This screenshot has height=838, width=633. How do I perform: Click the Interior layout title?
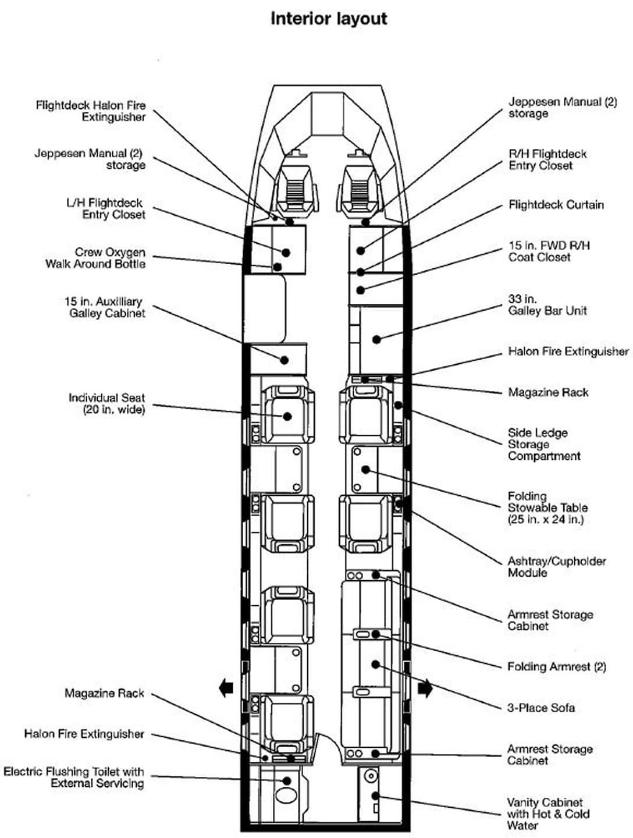tap(329, 19)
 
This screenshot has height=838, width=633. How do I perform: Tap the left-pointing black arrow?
tap(226, 688)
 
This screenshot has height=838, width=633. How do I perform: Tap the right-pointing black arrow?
tap(425, 688)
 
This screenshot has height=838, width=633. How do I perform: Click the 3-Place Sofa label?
tap(541, 708)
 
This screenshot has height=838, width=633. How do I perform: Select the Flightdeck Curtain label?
tap(556, 205)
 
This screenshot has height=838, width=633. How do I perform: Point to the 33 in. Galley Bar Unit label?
tap(547, 305)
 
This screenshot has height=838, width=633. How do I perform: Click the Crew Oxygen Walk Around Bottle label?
tap(96, 258)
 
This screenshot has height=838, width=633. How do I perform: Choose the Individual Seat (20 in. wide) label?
tap(107, 403)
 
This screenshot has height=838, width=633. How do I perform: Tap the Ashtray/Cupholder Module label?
tap(556, 567)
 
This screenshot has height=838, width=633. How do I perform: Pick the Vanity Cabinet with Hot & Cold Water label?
tap(547, 814)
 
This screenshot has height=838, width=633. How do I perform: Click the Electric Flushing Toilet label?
tap(74, 777)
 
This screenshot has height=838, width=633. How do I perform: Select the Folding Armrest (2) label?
tap(556, 666)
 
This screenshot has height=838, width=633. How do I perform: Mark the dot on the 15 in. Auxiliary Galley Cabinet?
tap(285, 360)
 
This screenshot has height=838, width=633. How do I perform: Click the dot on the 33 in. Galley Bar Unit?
tap(376, 339)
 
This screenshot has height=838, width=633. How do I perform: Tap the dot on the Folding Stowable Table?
tap(365, 470)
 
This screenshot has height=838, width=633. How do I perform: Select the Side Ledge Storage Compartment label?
tap(543, 444)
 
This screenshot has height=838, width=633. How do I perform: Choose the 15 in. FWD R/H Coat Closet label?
tap(549, 251)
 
